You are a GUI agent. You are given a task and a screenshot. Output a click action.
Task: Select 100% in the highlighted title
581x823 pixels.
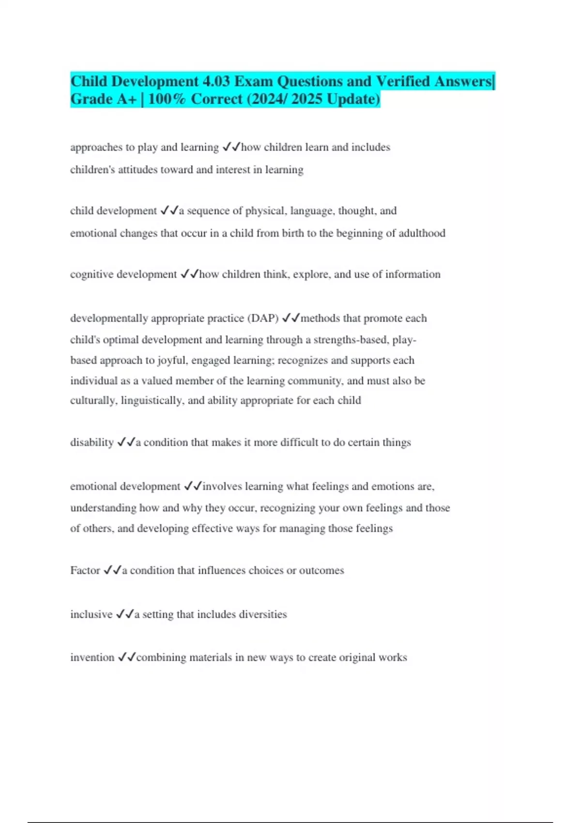(167, 99)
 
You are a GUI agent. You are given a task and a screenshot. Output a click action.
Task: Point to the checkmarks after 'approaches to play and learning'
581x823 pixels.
(231, 147)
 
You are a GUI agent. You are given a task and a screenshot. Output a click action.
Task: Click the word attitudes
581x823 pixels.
(138, 170)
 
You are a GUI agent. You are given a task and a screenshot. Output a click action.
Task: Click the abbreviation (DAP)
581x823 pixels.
(263, 319)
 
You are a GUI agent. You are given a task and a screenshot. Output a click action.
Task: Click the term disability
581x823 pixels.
(92, 442)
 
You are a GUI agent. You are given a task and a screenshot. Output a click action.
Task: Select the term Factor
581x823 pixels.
(85, 570)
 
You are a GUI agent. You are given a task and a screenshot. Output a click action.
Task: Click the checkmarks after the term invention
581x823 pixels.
(126, 657)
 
